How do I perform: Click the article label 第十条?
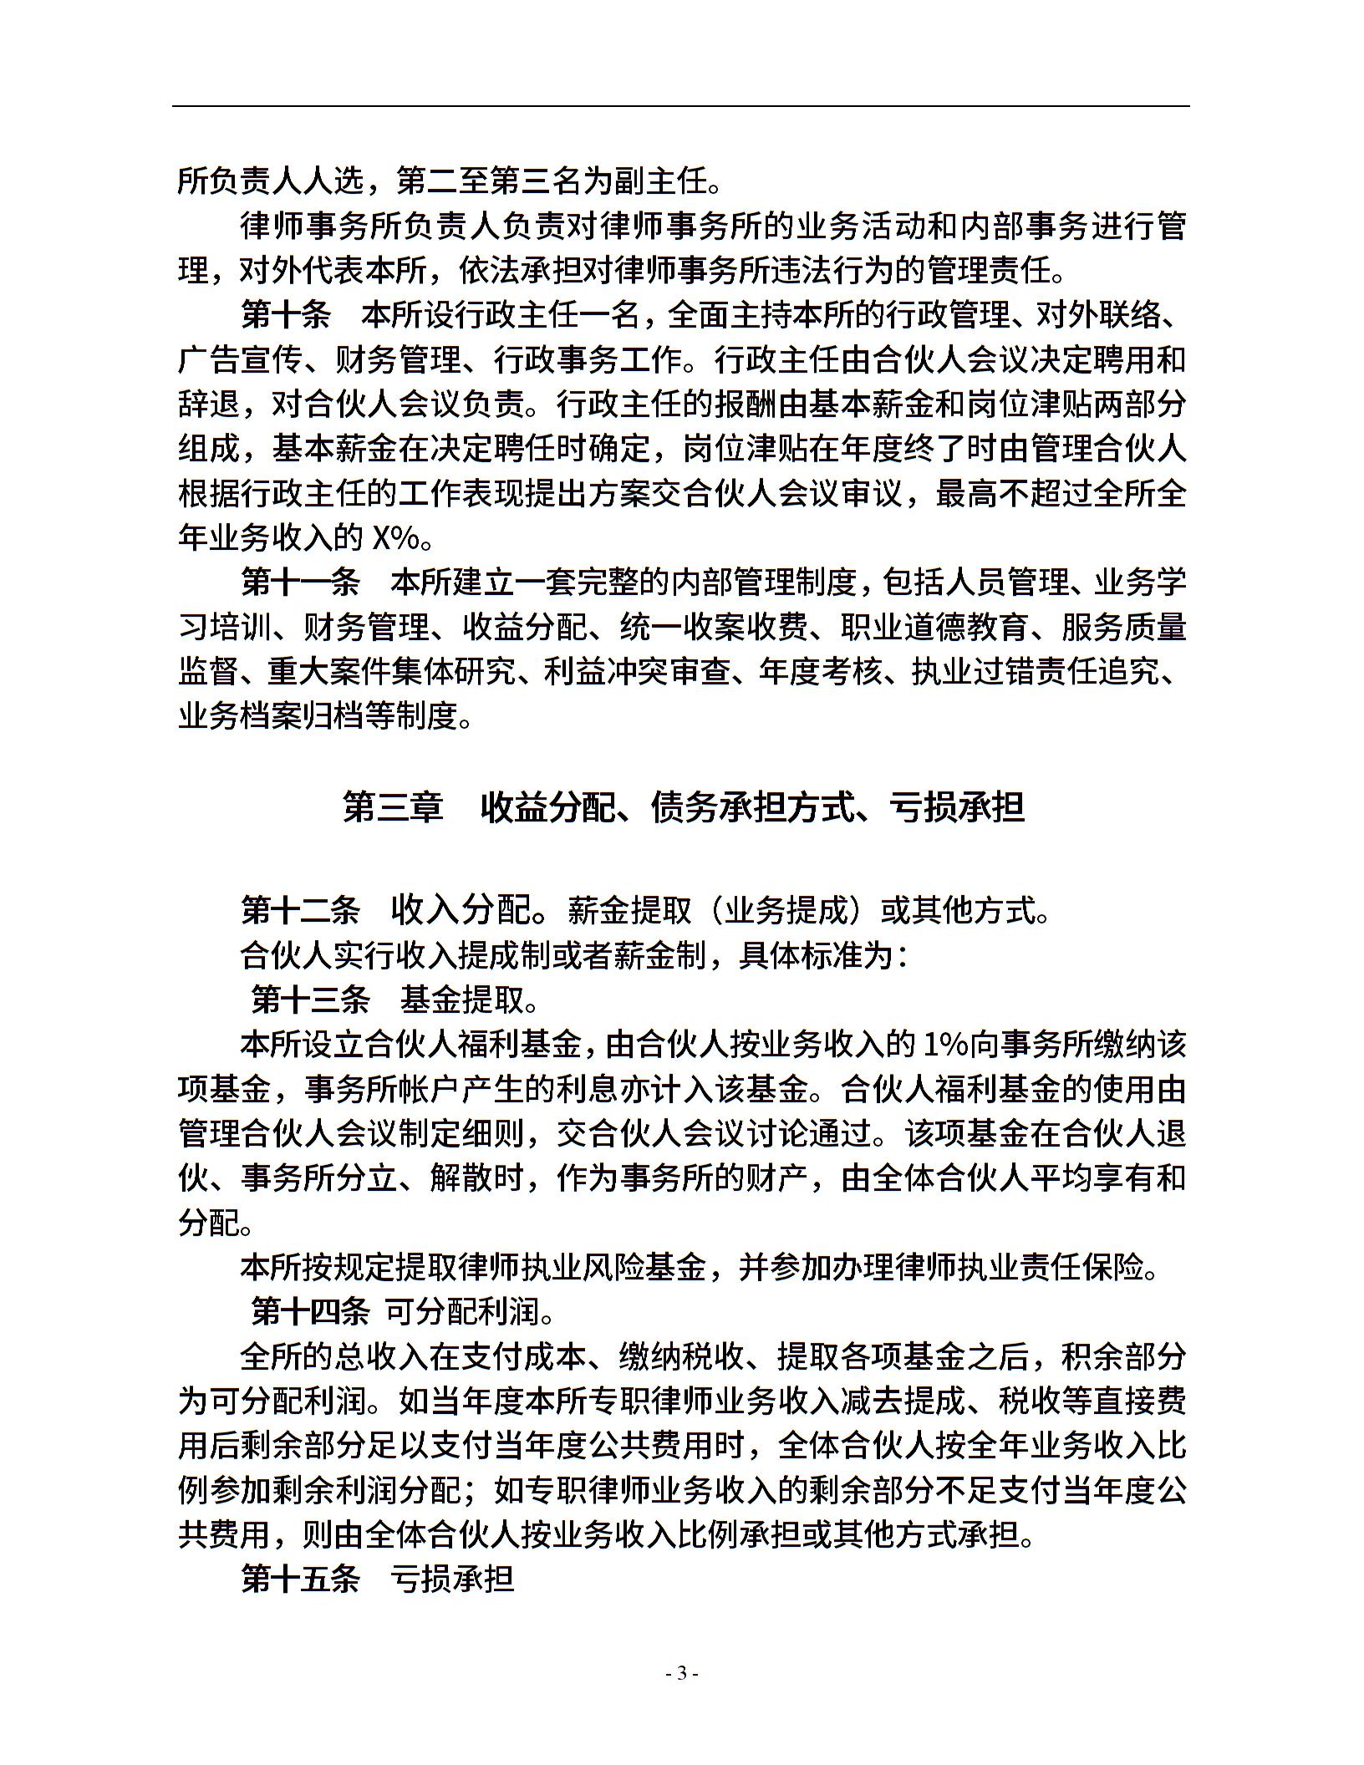pyautogui.click(x=286, y=316)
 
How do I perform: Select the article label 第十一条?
pyautogui.click(x=301, y=582)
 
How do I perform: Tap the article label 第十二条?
pyautogui.click(x=301, y=910)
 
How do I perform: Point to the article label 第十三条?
pyautogui.click(x=310, y=999)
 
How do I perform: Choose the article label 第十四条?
pyautogui.click(x=310, y=1311)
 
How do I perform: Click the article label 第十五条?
pyautogui.click(x=301, y=1579)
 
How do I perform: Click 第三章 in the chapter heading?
pyautogui.click(x=393, y=807)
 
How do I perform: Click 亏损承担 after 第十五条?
pyautogui.click(x=452, y=1579)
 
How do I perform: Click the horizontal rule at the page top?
pyautogui.click(x=681, y=106)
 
